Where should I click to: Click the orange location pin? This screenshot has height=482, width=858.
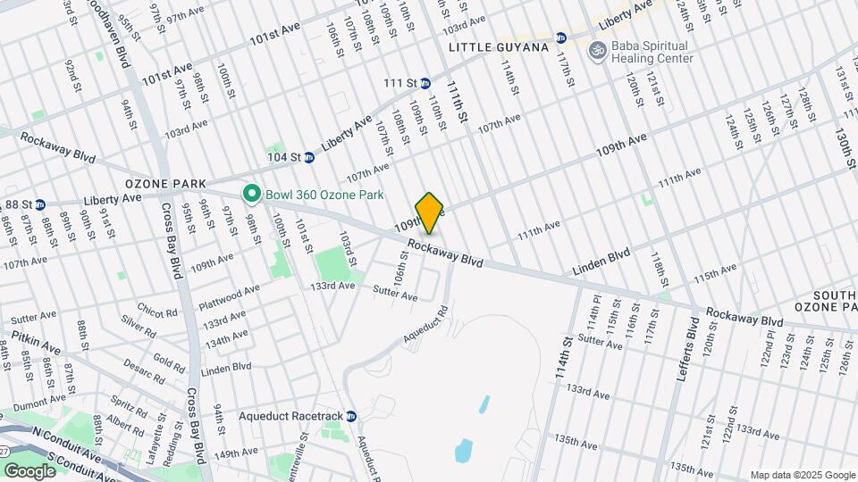430,212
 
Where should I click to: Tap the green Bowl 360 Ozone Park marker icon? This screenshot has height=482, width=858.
253,194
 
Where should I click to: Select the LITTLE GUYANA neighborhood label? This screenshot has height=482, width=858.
498,46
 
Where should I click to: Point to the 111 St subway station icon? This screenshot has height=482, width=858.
426,83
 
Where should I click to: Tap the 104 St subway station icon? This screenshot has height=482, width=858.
309,157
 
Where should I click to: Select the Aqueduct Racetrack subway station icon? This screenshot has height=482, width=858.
351,416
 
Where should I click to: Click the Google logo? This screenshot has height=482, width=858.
30,471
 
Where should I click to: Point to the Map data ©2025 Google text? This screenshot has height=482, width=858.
801,475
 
